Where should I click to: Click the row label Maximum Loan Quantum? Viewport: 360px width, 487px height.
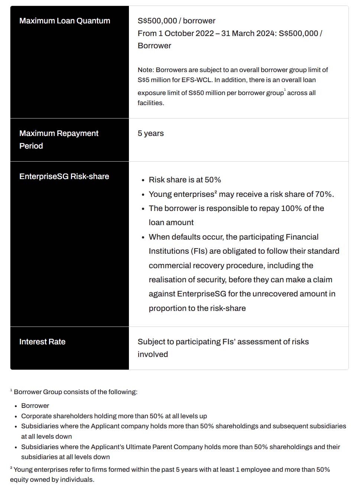65,21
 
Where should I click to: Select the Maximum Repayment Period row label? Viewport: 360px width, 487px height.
59,139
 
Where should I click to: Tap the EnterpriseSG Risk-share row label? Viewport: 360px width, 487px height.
64,176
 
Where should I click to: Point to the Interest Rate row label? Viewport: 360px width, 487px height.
42,342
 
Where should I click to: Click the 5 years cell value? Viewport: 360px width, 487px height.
150,133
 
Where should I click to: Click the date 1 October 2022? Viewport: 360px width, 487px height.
186,33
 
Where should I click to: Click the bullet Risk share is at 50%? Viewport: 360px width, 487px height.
185,180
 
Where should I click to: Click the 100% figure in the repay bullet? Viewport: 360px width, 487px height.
291,208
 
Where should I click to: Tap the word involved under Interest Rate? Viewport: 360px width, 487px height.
153,354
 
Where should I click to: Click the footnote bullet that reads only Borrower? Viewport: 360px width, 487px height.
35,406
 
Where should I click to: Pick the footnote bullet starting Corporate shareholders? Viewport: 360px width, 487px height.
114,416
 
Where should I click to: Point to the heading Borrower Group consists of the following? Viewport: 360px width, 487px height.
75,392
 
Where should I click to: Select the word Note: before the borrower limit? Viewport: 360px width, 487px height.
146,70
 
